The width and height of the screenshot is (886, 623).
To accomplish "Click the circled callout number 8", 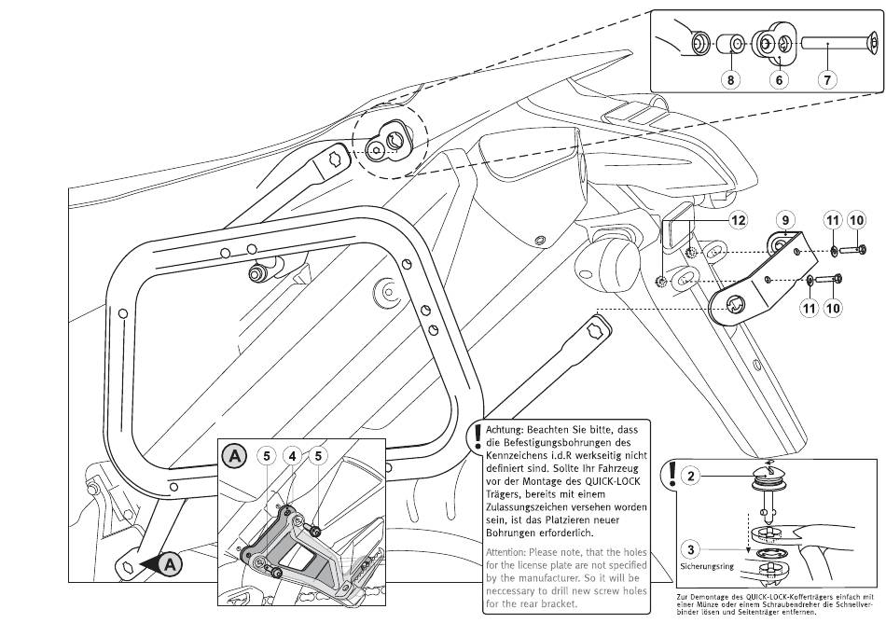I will (730, 80).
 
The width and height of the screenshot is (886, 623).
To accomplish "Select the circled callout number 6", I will (778, 80).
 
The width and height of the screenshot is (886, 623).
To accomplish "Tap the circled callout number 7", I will (826, 80).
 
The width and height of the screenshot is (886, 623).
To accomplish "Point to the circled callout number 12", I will (738, 220).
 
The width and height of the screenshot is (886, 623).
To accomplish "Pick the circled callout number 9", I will (785, 220).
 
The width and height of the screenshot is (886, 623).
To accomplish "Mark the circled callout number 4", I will (291, 457).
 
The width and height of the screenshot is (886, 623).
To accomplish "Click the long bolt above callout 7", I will (834, 43).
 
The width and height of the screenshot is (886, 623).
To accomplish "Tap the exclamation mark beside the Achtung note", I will (476, 437).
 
